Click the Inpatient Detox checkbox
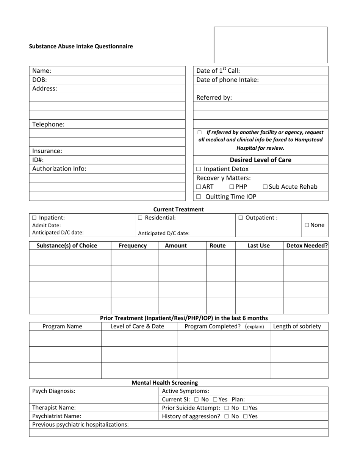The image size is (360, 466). click(199, 169)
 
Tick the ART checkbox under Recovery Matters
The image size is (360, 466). click(199, 187)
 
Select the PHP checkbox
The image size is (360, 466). click(232, 187)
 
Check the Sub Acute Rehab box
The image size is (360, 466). click(265, 187)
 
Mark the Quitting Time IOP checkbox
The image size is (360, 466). click(199, 197)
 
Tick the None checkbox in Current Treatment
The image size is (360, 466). click(307, 225)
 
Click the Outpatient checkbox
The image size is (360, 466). click(241, 218)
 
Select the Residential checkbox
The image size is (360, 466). click(140, 218)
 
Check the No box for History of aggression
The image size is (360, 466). click(226, 416)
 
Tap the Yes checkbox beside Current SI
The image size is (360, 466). click(215, 400)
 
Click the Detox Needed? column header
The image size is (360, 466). click(307, 246)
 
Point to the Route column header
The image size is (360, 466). click(218, 246)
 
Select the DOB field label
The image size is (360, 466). click(39, 80)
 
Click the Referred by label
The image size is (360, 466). click(214, 97)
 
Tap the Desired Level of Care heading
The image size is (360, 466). click(260, 160)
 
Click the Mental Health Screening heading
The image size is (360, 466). click(164, 383)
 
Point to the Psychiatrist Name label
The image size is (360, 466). click(56, 416)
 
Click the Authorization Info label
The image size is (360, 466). click(59, 169)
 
